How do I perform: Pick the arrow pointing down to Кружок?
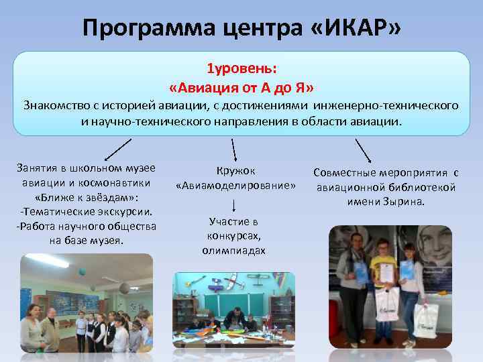pyautogui.click(x=233, y=149)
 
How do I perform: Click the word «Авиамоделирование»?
pyautogui.click(x=235, y=185)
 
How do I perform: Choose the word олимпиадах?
pyautogui.click(x=233, y=250)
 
